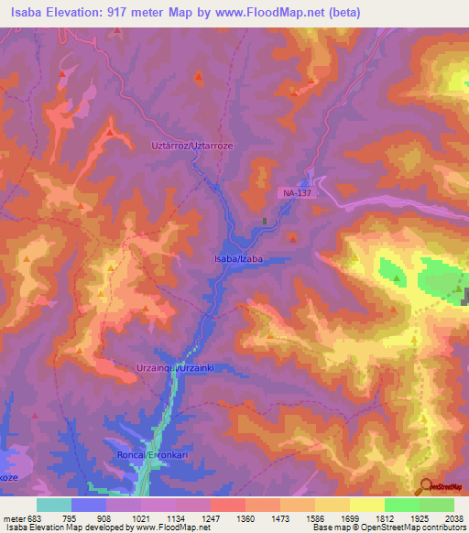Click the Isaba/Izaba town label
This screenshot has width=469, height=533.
coord(238,259)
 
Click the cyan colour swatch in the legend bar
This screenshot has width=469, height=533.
coord(54,506)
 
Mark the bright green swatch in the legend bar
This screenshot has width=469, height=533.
coord(401,506)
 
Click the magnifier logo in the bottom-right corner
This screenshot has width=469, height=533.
coord(425,486)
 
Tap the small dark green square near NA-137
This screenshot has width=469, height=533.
coord(266,221)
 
